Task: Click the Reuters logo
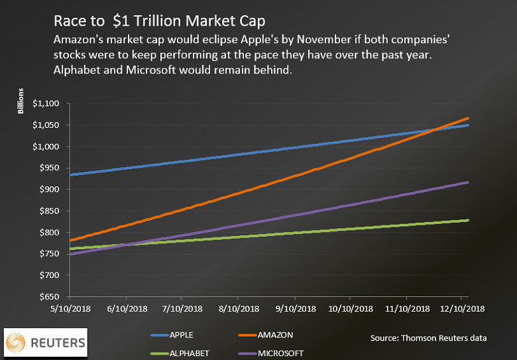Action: pos(46,343)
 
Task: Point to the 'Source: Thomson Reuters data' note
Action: pos(429,338)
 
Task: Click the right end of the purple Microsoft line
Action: pos(467,182)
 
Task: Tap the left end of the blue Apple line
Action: pos(70,174)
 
